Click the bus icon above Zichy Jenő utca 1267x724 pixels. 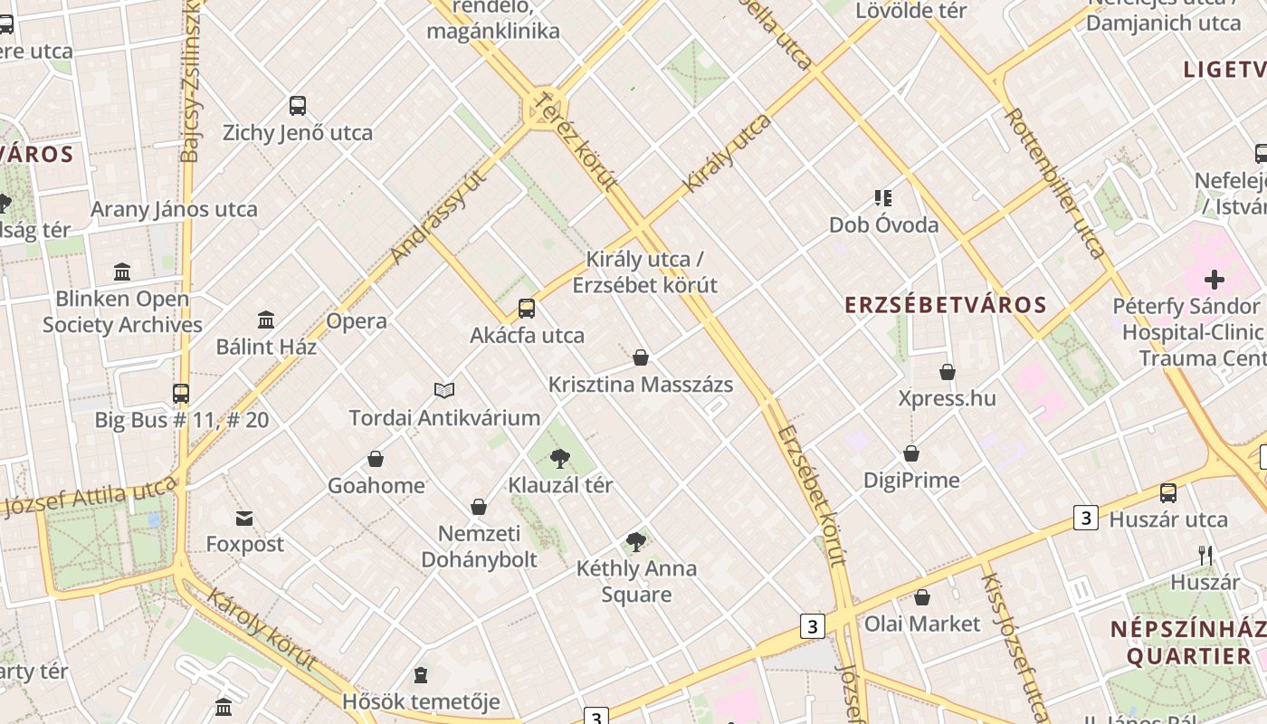[298, 106]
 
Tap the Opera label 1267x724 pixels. [357, 321]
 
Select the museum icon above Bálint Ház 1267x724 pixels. [266, 320]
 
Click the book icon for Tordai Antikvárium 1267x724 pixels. [443, 391]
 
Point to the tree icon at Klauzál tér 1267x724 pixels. [560, 458]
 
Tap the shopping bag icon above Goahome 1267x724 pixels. [376, 460]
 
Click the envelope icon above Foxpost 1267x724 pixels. [244, 519]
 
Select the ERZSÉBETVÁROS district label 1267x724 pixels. [946, 305]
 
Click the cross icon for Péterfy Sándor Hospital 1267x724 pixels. [1214, 280]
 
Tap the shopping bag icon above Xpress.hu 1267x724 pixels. [948, 372]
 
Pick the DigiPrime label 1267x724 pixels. [911, 480]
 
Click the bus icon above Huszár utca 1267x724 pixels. [1168, 493]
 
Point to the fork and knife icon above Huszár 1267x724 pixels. [1205, 555]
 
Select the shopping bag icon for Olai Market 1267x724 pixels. [922, 597]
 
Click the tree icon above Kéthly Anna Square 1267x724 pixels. [636, 542]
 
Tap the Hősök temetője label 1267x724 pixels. [421, 701]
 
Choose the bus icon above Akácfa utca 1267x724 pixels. [527, 309]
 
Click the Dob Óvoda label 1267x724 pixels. [883, 225]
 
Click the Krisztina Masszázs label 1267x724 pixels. [641, 385]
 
